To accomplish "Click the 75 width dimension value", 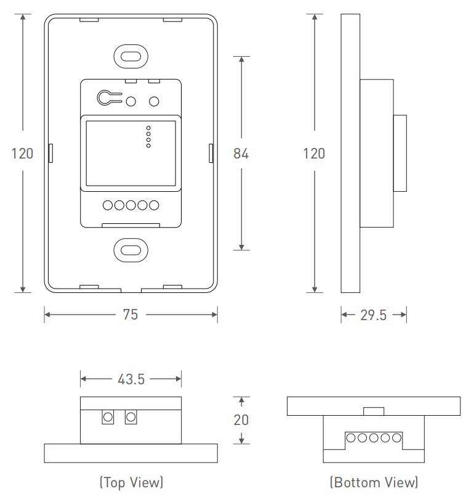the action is click(x=131, y=315).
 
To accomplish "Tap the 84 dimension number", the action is click(x=241, y=154).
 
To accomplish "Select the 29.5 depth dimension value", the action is click(x=373, y=315).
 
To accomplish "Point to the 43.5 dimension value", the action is click(x=131, y=379).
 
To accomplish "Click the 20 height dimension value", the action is click(x=241, y=420).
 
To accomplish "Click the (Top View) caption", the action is click(x=131, y=482).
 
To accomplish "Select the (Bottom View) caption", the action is click(x=374, y=482).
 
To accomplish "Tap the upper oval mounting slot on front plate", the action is click(x=131, y=57).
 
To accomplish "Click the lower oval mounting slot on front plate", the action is click(x=131, y=250).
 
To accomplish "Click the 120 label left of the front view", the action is click(x=22, y=154).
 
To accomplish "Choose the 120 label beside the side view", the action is click(x=314, y=154).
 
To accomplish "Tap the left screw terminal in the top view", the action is click(x=108, y=417).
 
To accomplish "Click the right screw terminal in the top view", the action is click(x=131, y=417).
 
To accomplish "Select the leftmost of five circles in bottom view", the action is click(x=351, y=438).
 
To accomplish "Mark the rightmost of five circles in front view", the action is click(x=154, y=205).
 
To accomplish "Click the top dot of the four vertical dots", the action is click(x=148, y=128).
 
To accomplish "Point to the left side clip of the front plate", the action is click(x=50, y=153).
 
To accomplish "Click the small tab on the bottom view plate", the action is click(x=374, y=411).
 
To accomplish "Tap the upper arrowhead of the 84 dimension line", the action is click(x=241, y=59).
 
